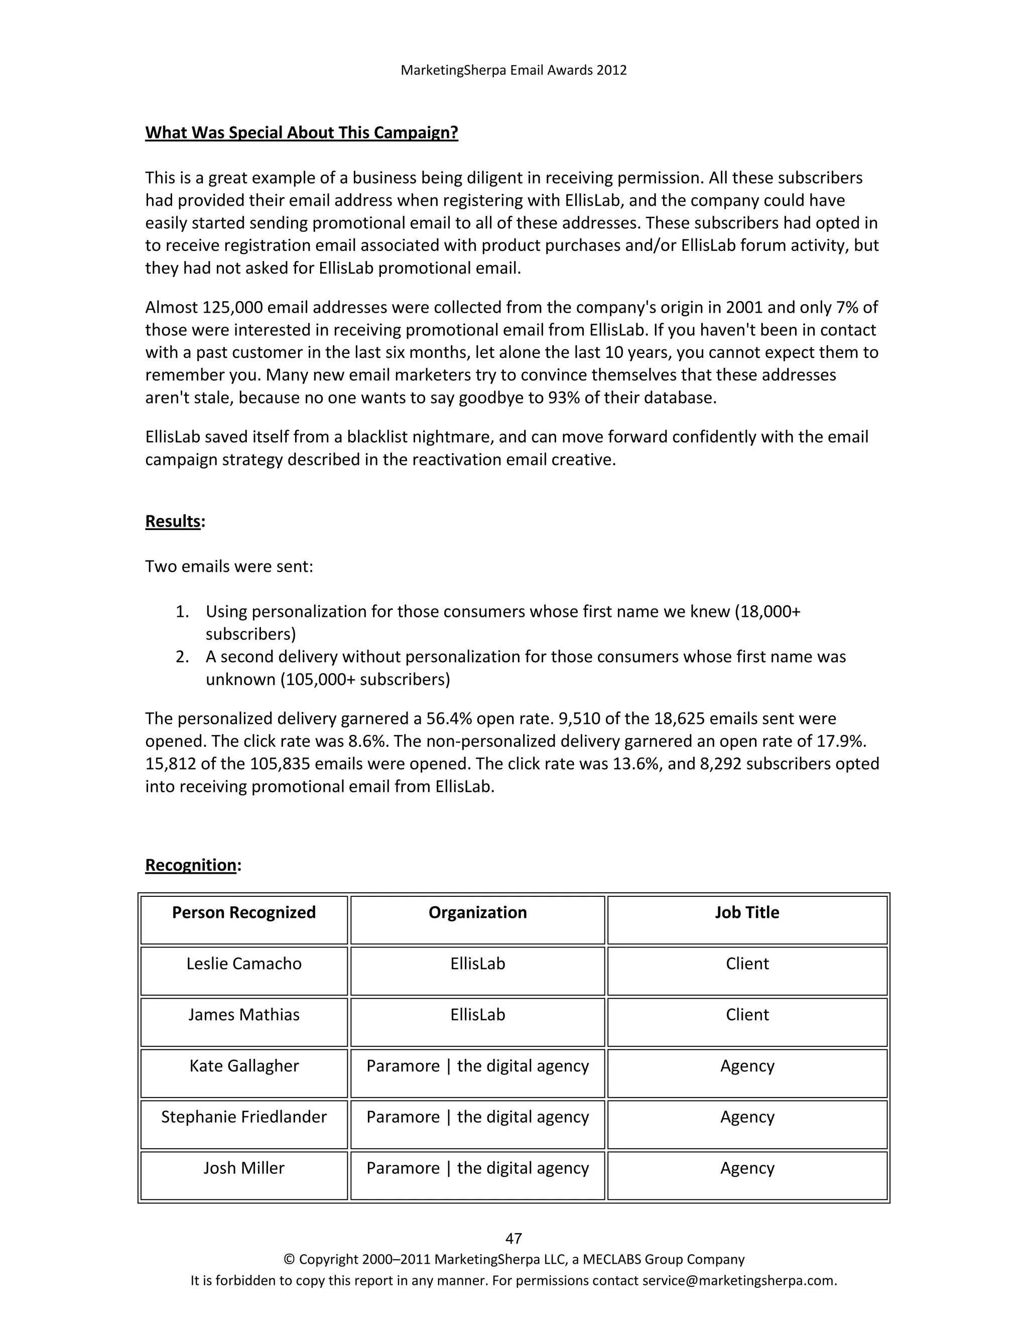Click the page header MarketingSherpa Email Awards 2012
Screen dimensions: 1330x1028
[513, 70]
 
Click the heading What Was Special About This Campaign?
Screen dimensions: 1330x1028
[302, 133]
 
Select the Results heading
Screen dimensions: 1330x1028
[173, 521]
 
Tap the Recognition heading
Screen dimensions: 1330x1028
[191, 865]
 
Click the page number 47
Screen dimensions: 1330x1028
[513, 1238]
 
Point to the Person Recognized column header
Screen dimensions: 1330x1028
[243, 912]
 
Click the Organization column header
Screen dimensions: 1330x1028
[477, 912]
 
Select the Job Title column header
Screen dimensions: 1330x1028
[746, 912]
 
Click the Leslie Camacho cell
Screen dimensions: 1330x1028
[243, 964]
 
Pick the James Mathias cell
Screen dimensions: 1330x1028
[243, 1014]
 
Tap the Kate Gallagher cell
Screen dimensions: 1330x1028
[243, 1066]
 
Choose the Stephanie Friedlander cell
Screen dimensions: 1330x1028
[243, 1117]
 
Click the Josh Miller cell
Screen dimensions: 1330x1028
[243, 1168]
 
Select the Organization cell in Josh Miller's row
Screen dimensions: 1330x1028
[477, 1168]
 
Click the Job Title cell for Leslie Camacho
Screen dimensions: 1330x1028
[746, 964]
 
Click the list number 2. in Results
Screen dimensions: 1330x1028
[182, 657]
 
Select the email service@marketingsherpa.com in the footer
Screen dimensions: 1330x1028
[739, 1280]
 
